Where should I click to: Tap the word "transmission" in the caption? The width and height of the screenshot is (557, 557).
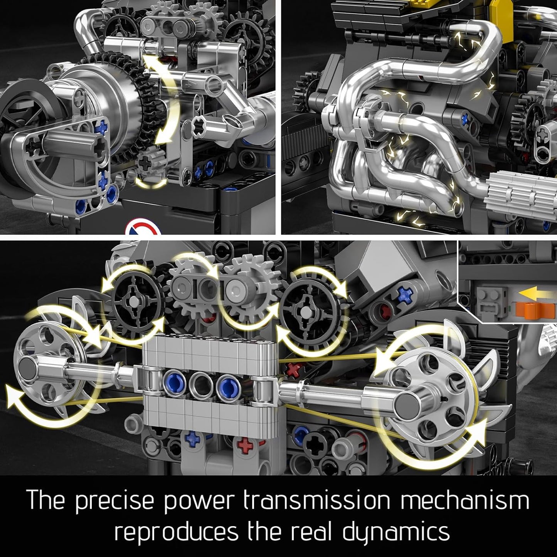point(317,500)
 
